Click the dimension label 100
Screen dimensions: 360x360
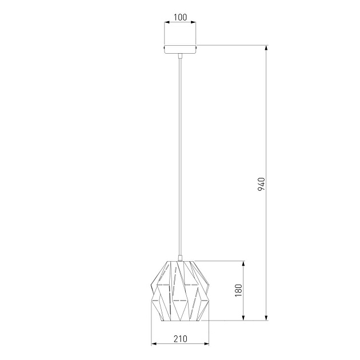pyautogui.click(x=180, y=17)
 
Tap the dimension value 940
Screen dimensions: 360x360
pyautogui.click(x=261, y=184)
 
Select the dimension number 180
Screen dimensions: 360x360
pyautogui.click(x=238, y=290)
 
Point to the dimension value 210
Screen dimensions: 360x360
pyautogui.click(x=180, y=339)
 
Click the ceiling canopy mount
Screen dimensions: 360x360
pyautogui.click(x=180, y=49)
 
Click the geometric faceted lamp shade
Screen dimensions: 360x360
pyautogui.click(x=180, y=291)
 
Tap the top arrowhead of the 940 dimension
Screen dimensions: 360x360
pyautogui.click(x=266, y=48)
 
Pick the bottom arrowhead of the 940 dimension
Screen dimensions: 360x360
pyautogui.click(x=266, y=318)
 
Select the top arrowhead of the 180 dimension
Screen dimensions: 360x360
pyautogui.click(x=243, y=263)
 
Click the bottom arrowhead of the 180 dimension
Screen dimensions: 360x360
pyautogui.click(x=243, y=318)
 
